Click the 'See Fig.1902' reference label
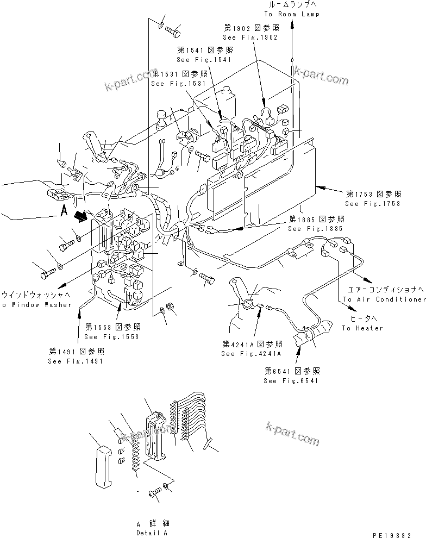tap(250, 37)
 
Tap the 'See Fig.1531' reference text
tap(178, 84)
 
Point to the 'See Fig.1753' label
tap(373, 204)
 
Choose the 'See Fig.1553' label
tap(112, 336)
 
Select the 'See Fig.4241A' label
tap(251, 354)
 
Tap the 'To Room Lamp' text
tap(292, 14)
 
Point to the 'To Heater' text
tap(362, 328)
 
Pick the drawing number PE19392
tap(399, 534)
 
